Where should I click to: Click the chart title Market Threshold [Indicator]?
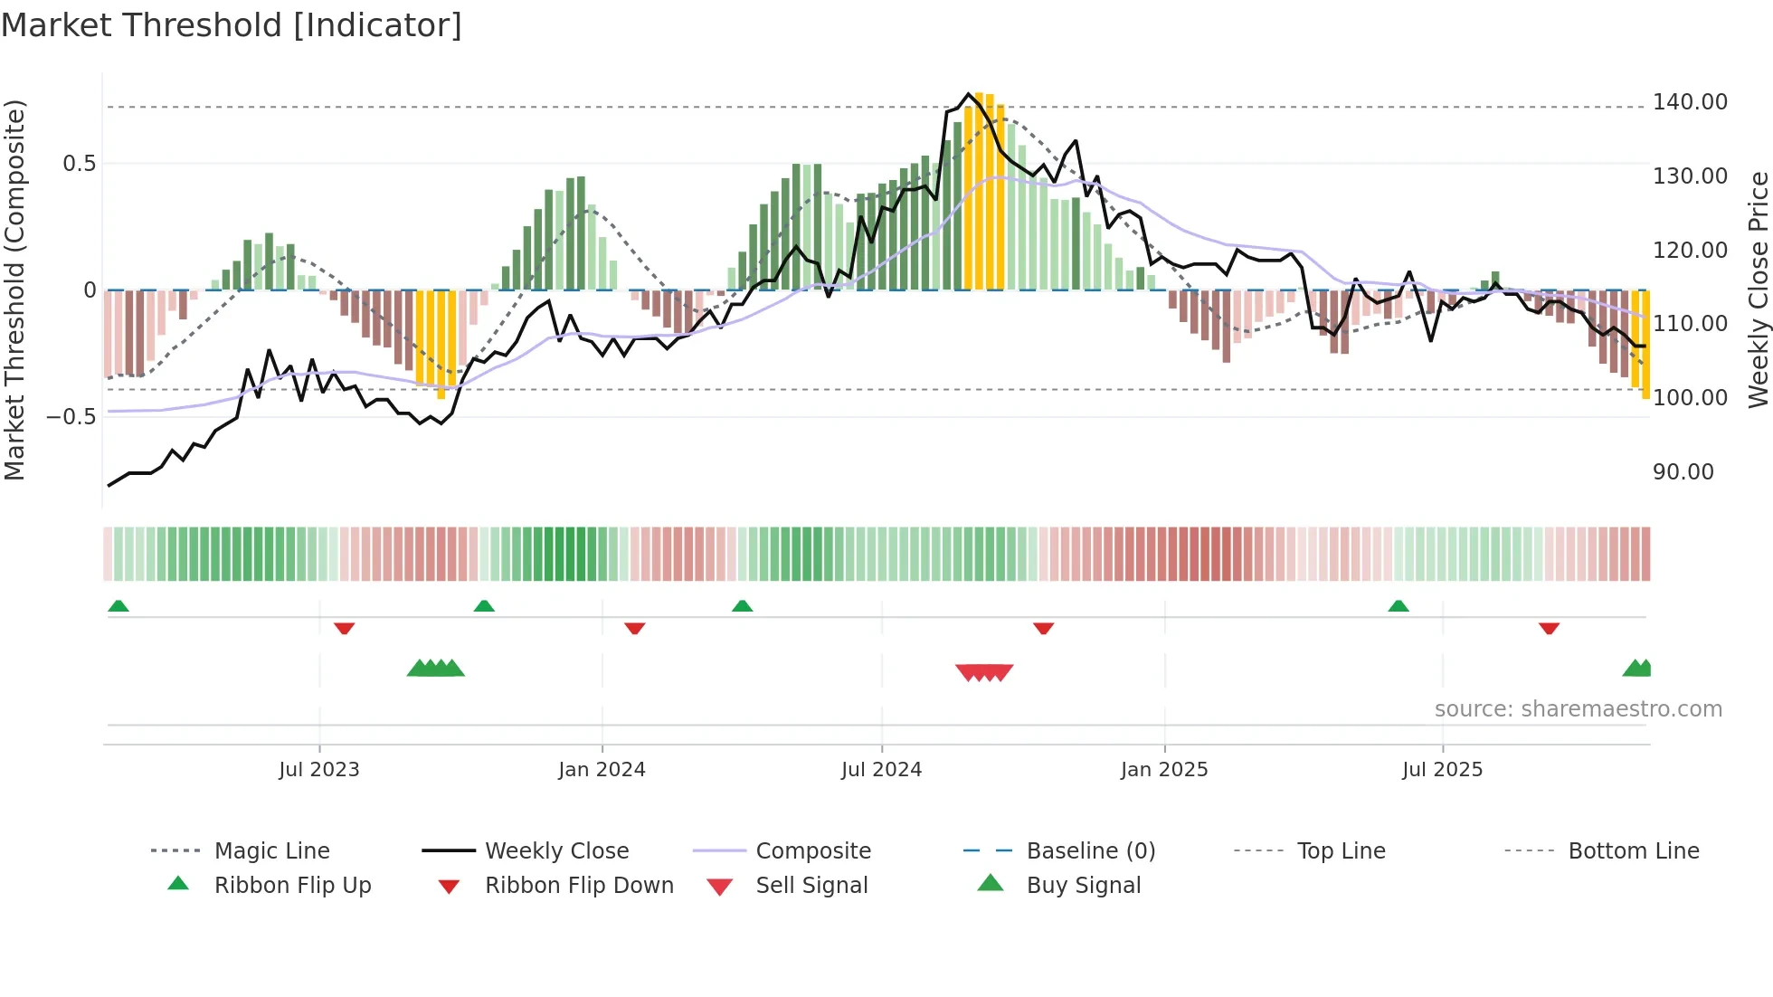(232, 25)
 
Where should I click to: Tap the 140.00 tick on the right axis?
(1690, 102)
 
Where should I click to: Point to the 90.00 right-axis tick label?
(1683, 472)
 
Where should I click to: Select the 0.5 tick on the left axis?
(79, 164)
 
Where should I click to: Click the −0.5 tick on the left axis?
(71, 417)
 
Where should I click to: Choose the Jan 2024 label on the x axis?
(602, 770)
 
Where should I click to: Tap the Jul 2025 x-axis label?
(1442, 770)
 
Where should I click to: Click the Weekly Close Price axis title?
(1758, 290)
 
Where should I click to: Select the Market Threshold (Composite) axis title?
(14, 290)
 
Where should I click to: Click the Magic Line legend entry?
(271, 851)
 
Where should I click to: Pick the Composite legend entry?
(812, 851)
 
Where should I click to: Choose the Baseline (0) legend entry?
(1090, 851)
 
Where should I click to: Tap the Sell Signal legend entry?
(811, 886)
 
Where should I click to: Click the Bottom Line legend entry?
(1633, 851)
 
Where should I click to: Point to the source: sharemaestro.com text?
(1578, 709)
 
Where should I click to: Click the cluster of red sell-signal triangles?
(984, 672)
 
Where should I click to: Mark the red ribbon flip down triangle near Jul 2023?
(344, 628)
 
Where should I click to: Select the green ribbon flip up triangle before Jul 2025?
(1398, 606)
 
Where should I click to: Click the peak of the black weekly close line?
(968, 93)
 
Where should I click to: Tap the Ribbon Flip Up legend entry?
(291, 886)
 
